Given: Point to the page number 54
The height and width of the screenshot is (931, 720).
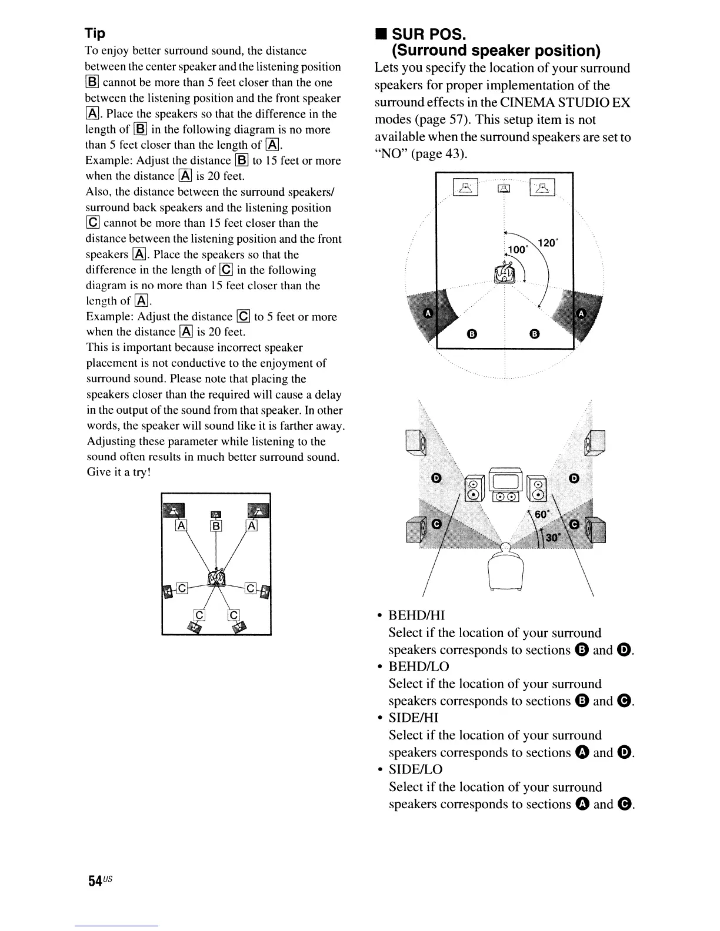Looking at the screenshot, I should click(96, 880).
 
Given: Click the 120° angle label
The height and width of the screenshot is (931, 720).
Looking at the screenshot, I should click(547, 242).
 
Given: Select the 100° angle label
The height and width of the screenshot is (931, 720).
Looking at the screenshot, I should click(518, 250).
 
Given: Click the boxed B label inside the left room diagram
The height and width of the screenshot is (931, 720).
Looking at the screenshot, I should click(216, 526).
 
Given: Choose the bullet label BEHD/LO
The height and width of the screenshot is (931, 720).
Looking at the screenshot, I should click(418, 667).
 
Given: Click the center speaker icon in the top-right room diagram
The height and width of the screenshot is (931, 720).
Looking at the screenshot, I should click(504, 188).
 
